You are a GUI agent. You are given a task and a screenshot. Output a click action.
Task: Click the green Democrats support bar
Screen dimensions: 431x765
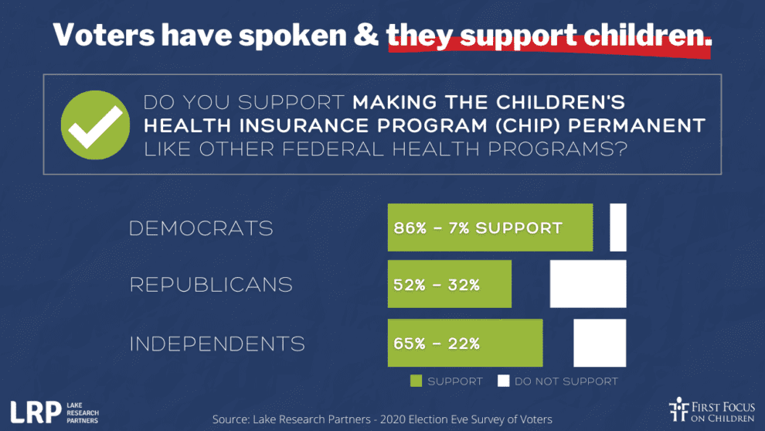(490, 227)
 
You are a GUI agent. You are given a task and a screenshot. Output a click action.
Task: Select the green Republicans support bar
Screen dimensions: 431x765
(449, 284)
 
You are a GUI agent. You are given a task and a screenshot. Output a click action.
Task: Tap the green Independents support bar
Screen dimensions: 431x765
(464, 343)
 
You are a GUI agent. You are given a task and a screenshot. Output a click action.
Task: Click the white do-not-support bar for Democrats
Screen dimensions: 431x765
(617, 227)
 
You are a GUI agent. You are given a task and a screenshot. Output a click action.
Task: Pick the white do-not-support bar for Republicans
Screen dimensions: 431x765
(587, 284)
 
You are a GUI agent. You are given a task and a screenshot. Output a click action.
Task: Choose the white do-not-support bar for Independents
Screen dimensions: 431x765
(599, 343)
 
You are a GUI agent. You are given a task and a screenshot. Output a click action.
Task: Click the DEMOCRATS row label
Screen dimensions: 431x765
(201, 228)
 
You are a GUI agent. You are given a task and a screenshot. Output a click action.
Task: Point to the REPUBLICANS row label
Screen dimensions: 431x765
(211, 285)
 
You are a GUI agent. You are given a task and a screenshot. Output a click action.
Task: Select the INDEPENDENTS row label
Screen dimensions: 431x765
(217, 344)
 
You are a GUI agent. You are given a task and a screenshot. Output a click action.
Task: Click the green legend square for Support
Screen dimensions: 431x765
(416, 381)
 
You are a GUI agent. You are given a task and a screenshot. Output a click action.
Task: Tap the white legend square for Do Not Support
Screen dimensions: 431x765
(504, 381)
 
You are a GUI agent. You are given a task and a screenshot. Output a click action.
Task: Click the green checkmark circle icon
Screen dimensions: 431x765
(96, 125)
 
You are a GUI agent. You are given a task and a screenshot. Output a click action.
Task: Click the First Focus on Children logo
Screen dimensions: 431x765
(712, 410)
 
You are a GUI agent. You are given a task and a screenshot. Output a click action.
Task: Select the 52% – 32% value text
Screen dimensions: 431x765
(437, 285)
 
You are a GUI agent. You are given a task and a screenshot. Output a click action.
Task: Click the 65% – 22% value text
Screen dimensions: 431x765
(437, 344)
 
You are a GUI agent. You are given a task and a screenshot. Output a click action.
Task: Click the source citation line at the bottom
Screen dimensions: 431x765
(382, 419)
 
